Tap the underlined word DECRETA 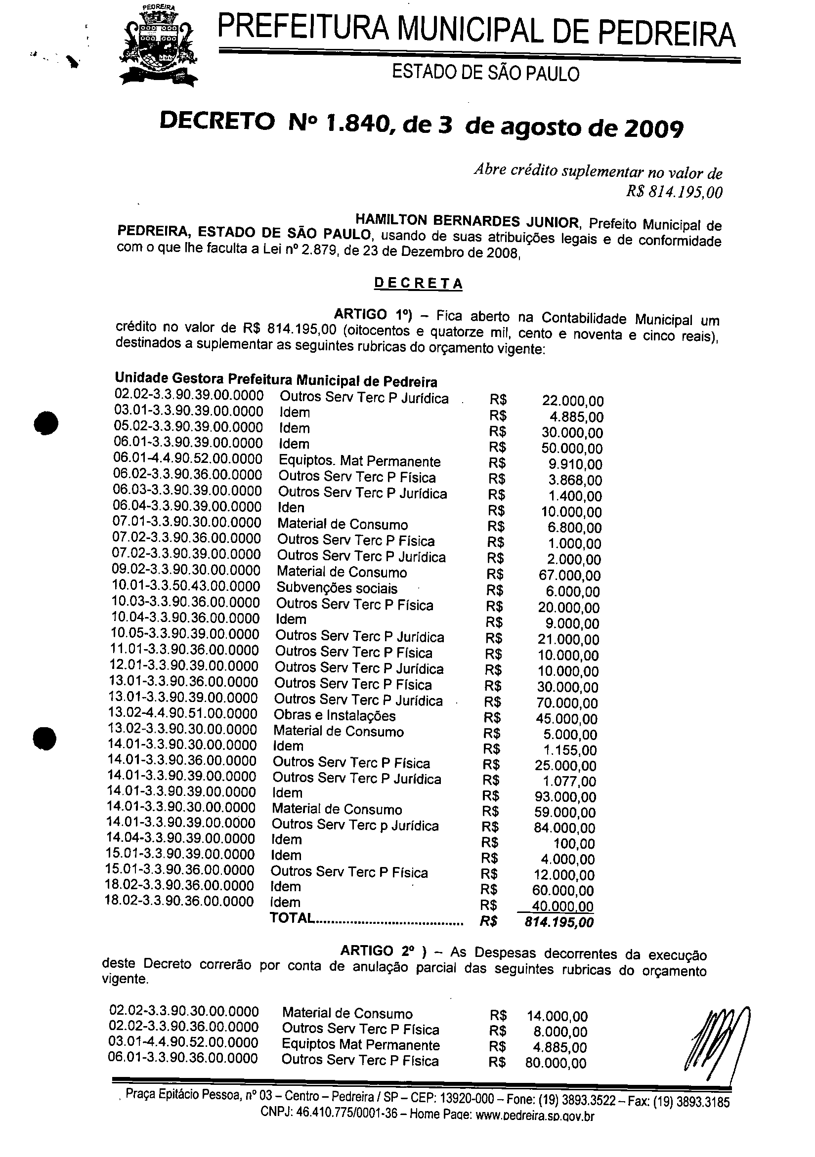click(x=418, y=283)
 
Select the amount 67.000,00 click(x=569, y=576)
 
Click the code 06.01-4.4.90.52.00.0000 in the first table click(x=188, y=459)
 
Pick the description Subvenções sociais click(x=337, y=588)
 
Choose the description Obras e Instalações click(x=335, y=715)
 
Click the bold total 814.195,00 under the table click(x=559, y=922)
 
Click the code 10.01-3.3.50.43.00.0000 click(x=185, y=586)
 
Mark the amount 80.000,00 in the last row click(x=556, y=1063)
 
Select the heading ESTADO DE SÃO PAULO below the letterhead click(x=486, y=74)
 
